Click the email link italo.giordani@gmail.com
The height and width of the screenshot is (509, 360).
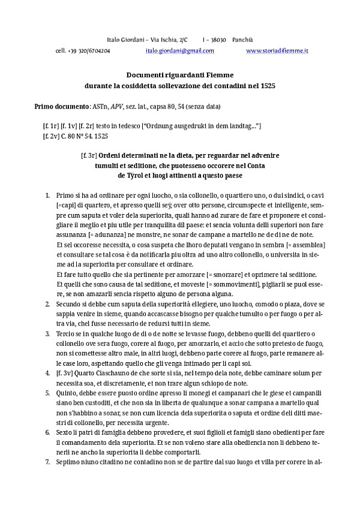point(180,52)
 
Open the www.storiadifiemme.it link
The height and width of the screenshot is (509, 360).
point(277,52)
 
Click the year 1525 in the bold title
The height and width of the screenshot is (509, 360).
point(268,86)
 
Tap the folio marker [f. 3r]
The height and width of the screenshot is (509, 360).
point(89,155)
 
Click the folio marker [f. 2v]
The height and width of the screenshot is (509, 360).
point(51,136)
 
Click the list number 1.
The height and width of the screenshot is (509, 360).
point(47,196)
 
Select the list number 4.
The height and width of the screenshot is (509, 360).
point(47,373)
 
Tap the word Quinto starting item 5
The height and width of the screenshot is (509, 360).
point(66,393)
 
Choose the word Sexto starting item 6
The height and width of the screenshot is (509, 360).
point(65,432)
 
